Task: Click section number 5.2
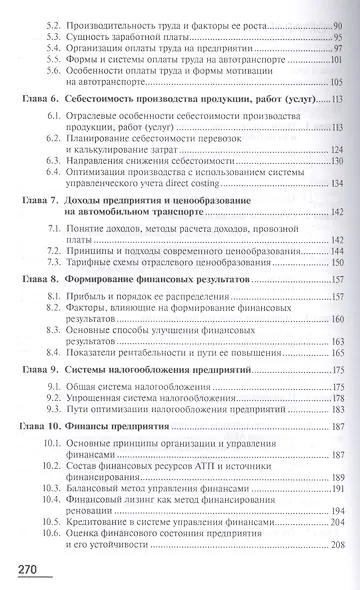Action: (56, 20)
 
